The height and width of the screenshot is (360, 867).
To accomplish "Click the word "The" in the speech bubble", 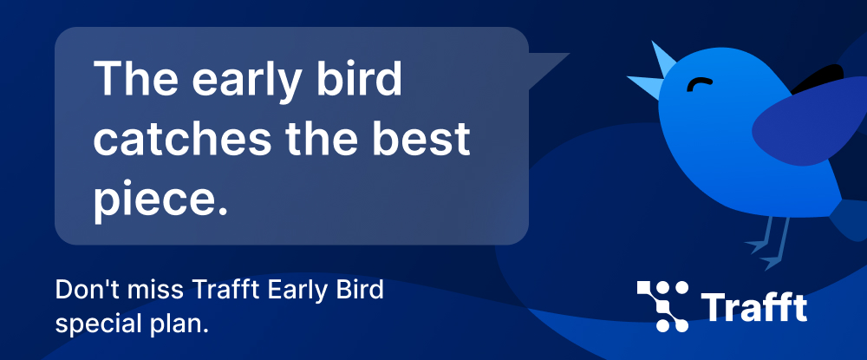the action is pyautogui.click(x=136, y=78).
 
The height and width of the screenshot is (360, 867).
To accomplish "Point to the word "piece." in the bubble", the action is pyautogui.click(x=161, y=199).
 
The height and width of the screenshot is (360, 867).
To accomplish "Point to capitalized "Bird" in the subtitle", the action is pyautogui.click(x=361, y=291).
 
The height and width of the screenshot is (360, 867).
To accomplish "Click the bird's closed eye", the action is pyautogui.click(x=700, y=84).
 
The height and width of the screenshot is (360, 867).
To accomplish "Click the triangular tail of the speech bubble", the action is pyautogui.click(x=544, y=68).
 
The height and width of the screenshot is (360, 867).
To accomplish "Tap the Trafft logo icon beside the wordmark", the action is pyautogui.click(x=663, y=306).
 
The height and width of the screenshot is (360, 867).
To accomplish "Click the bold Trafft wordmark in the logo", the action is pyautogui.click(x=754, y=307).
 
